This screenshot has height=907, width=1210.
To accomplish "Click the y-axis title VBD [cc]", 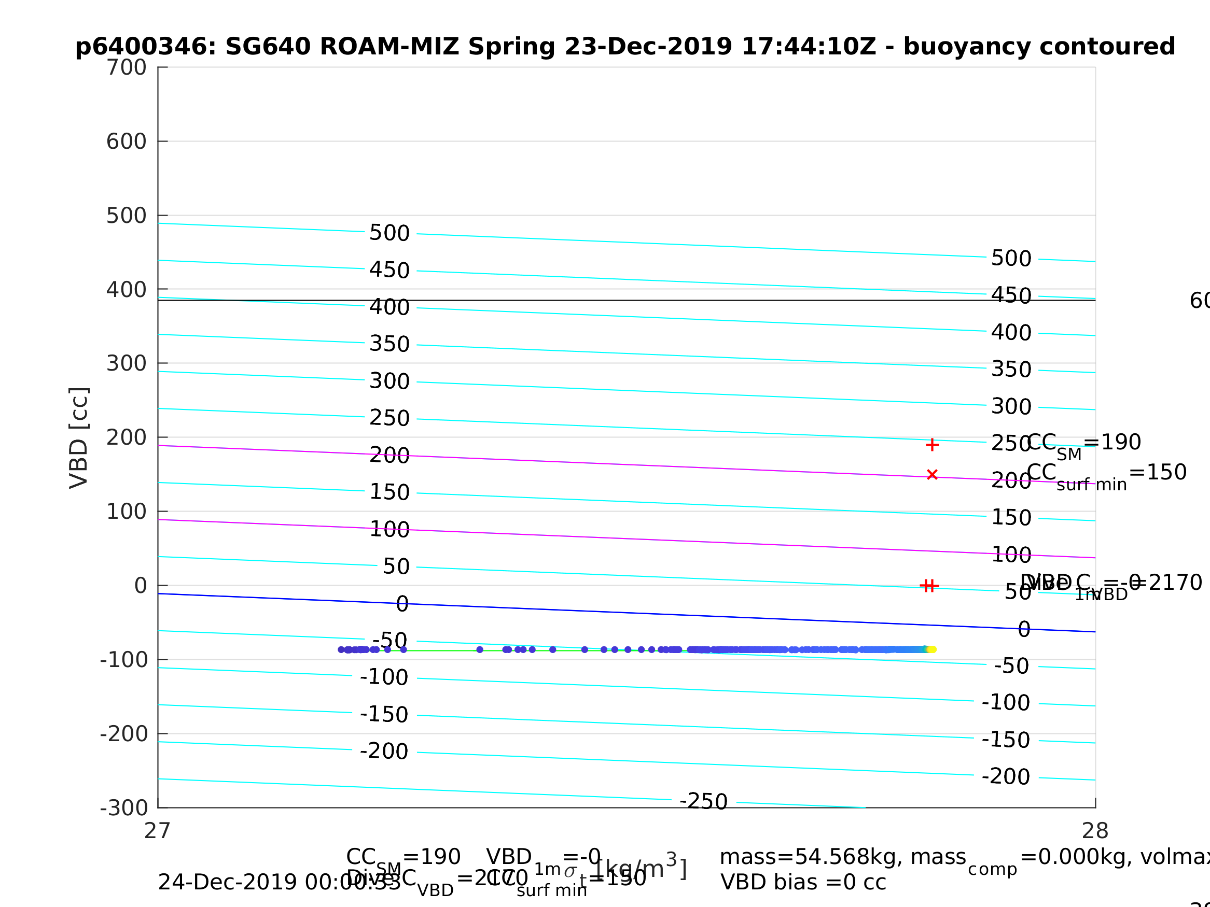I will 79,438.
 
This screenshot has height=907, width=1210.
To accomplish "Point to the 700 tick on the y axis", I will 127,68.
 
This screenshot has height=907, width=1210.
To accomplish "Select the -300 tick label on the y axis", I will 124,808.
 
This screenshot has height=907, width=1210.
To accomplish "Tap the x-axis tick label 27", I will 158,831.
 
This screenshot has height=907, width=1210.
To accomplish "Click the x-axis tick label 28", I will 1095,831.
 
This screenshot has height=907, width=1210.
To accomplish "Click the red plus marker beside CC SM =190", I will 933,445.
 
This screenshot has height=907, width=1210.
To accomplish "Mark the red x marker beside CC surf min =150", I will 933,475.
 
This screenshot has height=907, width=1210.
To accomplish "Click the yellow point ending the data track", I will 933,649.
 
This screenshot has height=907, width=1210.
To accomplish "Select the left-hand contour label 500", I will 390,233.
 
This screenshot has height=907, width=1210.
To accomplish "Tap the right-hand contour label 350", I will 1011,370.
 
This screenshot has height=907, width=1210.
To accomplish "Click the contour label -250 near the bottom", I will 703,801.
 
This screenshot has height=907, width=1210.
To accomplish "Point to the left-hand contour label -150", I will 384,715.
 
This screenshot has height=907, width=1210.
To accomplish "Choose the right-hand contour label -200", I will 1006,776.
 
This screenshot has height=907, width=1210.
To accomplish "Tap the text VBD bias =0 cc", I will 803,883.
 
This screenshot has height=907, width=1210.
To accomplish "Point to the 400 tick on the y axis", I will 127,290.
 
